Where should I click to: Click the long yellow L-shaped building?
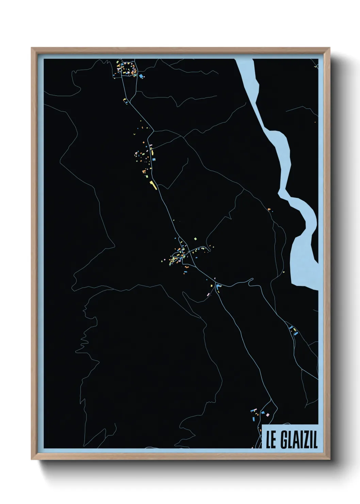[152, 185]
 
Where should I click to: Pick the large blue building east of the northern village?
[140, 76]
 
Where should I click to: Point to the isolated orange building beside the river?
[269, 209]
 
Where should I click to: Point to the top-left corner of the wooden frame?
[32, 48]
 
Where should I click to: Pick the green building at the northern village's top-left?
[118, 62]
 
